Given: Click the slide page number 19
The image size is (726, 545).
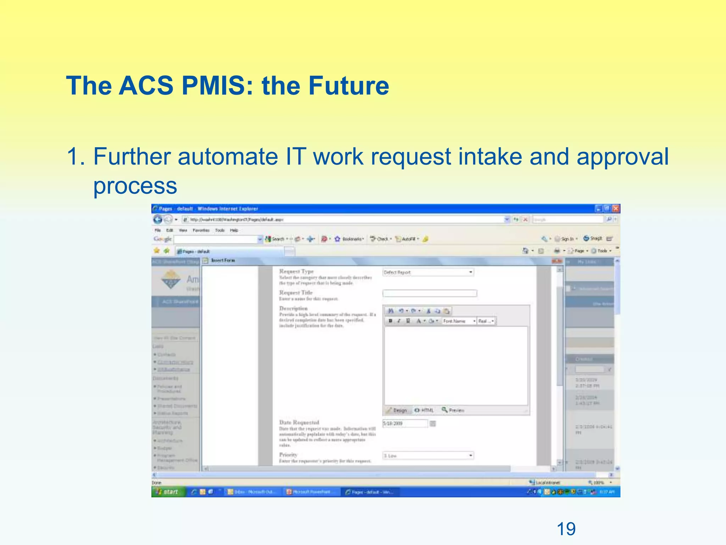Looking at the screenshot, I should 566,529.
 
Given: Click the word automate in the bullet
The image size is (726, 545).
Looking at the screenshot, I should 228,156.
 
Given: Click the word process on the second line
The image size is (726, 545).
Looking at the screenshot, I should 135,186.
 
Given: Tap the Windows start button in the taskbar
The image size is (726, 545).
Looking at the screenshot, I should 168,492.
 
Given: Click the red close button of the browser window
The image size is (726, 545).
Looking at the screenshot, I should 616,209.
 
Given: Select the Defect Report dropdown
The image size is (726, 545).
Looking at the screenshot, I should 428,272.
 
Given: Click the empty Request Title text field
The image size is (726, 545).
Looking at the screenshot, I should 430,293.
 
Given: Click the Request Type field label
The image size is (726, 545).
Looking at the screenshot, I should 296,271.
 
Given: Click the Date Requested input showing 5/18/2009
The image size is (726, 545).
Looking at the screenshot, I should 405,423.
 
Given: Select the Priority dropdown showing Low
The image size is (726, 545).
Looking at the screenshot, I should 428,456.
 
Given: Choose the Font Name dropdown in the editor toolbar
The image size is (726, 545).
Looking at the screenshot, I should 459,321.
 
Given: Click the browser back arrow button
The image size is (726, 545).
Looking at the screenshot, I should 158,219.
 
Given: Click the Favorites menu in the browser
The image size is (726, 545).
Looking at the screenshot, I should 201,230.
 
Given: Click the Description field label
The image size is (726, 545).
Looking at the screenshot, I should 294,308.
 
